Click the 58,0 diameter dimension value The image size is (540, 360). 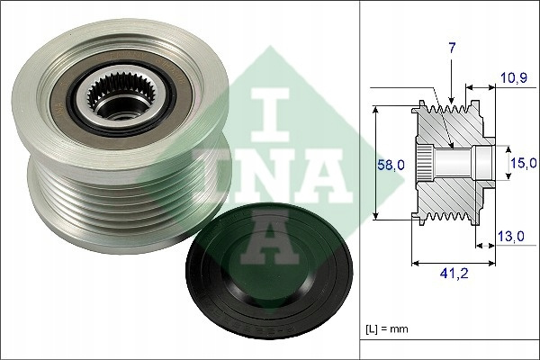(x=391, y=165)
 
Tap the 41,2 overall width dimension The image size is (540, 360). (x=454, y=274)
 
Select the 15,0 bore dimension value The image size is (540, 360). (x=524, y=163)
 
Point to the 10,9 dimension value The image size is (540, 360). (x=514, y=78)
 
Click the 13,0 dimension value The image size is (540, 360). (x=511, y=237)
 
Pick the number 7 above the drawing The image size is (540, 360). (x=452, y=49)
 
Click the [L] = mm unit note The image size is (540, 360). (x=386, y=328)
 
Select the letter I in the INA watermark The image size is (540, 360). (x=270, y=115)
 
